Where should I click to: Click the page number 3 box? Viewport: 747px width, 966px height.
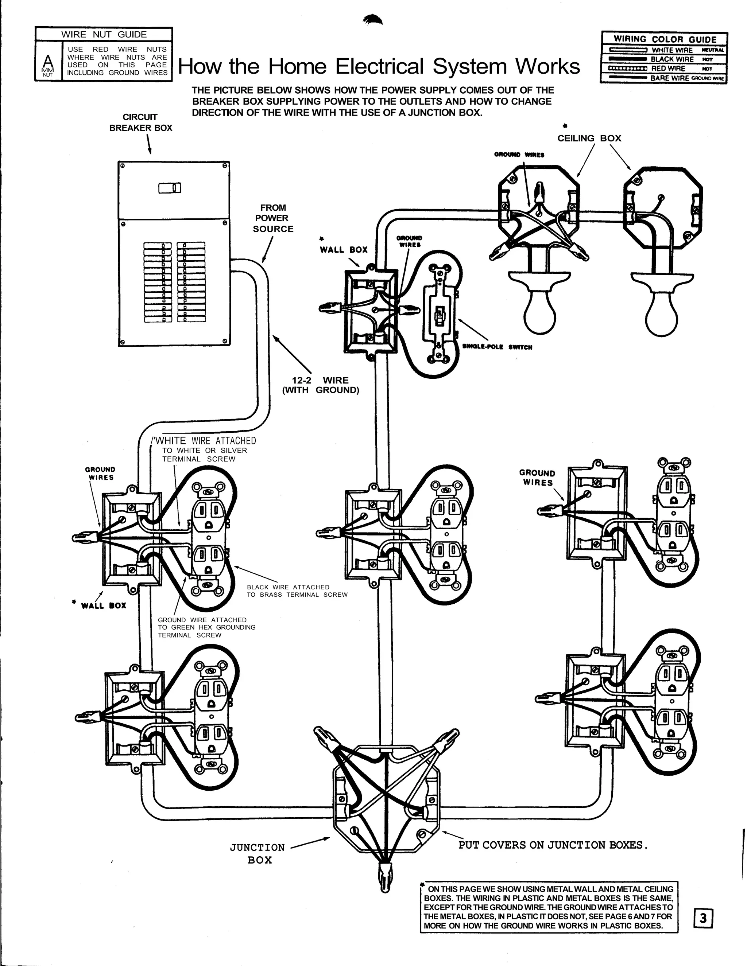pyautogui.click(x=703, y=919)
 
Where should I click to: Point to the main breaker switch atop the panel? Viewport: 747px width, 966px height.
pyautogui.click(x=170, y=188)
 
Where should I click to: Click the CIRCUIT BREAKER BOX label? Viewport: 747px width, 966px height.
pyautogui.click(x=141, y=122)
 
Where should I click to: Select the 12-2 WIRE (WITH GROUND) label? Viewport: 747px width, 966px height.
pyautogui.click(x=320, y=385)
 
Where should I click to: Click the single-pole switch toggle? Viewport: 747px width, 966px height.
pyautogui.click(x=440, y=315)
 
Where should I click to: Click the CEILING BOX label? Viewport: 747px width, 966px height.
pyautogui.click(x=589, y=139)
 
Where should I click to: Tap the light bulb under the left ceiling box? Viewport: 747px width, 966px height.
pyautogui.click(x=539, y=315)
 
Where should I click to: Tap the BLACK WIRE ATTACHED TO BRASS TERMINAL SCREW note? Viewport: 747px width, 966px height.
pyautogui.click(x=297, y=591)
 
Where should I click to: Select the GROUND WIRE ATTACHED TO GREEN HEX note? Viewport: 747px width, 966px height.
pyautogui.click(x=206, y=627)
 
